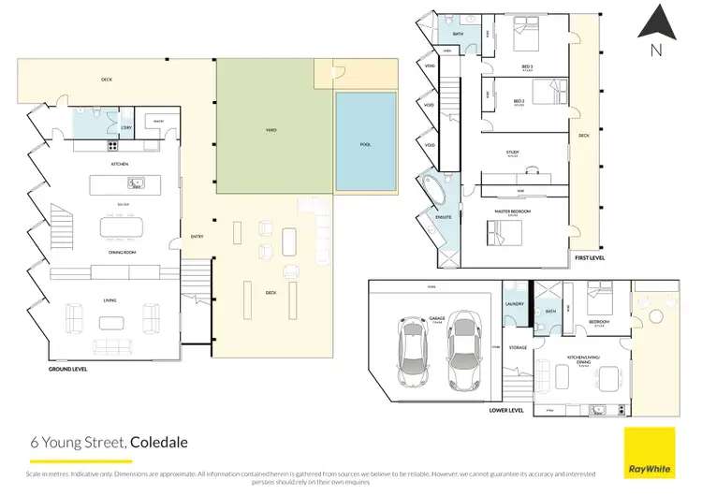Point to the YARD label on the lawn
[x=271, y=130]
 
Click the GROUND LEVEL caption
[x=68, y=370]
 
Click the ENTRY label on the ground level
[x=197, y=236]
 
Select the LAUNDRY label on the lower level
[x=514, y=303]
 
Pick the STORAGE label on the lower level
[x=518, y=347]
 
